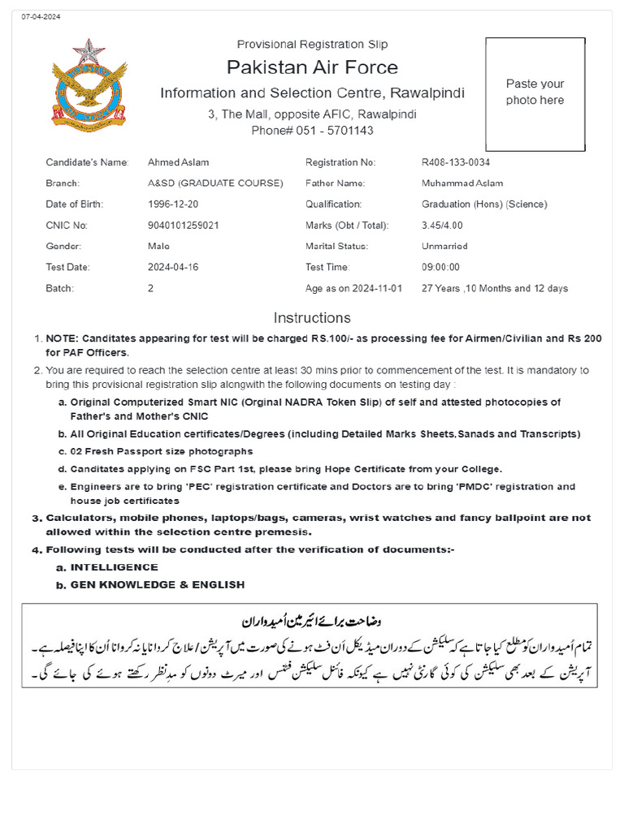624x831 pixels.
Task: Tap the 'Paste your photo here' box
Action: [535, 93]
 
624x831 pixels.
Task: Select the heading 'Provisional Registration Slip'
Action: [312, 44]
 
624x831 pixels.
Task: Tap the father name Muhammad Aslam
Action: [462, 183]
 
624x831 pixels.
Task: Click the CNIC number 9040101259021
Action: [184, 226]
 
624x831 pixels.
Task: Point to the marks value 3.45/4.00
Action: [444, 226]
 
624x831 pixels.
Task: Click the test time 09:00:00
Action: [441, 267]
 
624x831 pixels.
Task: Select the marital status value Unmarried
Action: [444, 246]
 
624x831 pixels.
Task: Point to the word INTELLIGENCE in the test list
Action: [114, 567]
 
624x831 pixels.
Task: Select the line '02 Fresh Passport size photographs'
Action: [161, 451]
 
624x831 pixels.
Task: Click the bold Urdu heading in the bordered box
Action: [312, 622]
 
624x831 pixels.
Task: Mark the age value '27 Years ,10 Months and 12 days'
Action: [495, 288]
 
